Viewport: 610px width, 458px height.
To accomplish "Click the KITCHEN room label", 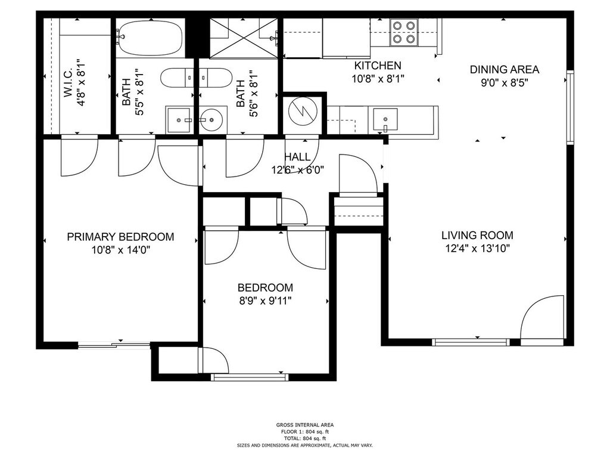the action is (377, 66).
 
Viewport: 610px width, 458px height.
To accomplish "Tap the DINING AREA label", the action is (505, 70).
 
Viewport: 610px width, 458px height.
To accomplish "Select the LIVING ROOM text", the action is (477, 235).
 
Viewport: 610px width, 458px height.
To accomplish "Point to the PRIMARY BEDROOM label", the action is (120, 237).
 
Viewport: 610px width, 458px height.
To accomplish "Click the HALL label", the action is (297, 157).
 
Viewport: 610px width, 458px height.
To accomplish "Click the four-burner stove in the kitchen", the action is (404, 32).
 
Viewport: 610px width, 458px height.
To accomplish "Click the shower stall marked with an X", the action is (244, 38).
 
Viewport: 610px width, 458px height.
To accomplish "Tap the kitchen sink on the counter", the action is (385, 119).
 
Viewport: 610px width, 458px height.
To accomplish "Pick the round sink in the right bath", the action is (211, 119).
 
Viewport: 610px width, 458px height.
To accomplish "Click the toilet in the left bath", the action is (177, 78).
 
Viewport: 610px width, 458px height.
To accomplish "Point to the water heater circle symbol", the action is (303, 112).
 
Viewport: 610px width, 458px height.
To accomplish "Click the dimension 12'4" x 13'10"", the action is (477, 249).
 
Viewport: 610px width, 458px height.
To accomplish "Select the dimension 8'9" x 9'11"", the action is (264, 301).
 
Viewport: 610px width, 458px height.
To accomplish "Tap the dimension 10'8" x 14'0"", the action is (120, 250).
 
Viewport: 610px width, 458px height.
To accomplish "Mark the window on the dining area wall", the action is (570, 107).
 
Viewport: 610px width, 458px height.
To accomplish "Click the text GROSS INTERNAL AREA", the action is (304, 425).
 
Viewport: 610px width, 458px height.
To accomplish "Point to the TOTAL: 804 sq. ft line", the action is (304, 438).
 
